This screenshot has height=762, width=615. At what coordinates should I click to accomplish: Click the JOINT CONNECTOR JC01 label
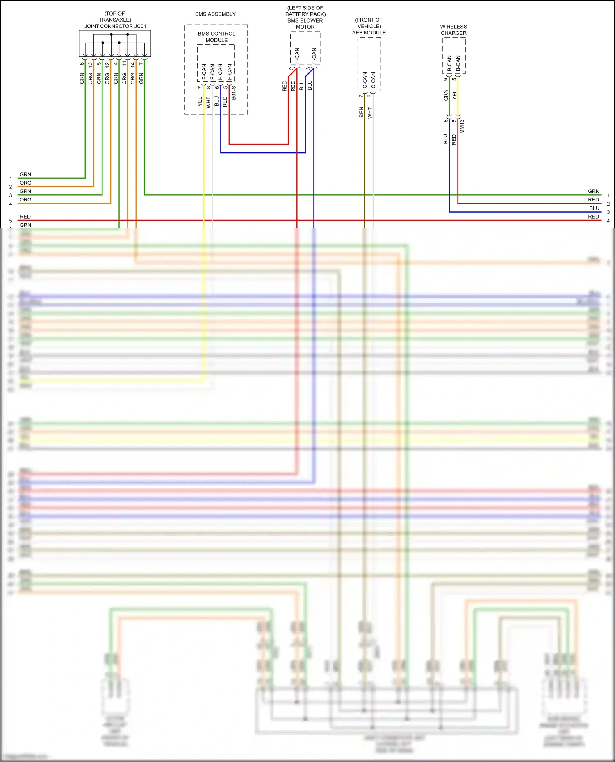tap(115, 26)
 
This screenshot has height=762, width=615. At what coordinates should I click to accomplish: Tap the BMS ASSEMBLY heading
tap(215, 14)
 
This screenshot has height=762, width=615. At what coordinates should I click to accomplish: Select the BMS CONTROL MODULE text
tap(216, 37)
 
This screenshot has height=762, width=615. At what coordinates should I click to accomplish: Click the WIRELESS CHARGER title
tap(453, 30)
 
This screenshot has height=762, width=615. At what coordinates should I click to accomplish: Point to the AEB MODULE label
tap(369, 33)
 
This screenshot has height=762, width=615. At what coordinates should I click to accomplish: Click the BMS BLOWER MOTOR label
tap(305, 24)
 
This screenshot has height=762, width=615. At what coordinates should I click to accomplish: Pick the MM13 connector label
tap(462, 126)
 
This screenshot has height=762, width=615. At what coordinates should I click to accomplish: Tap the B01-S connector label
tap(234, 93)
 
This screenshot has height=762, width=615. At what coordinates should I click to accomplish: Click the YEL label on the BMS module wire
tap(200, 102)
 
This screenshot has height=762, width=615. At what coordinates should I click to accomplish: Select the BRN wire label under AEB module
tap(361, 112)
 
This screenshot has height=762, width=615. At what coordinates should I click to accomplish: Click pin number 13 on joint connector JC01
tap(90, 64)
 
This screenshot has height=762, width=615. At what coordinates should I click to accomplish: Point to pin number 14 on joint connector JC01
tap(133, 64)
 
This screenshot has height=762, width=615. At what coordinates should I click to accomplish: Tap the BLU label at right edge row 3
tap(594, 208)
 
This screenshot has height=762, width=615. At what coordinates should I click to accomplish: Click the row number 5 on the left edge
tap(11, 221)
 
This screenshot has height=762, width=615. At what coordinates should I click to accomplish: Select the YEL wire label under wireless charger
tap(454, 95)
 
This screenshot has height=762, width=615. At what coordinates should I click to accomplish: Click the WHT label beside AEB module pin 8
tap(370, 113)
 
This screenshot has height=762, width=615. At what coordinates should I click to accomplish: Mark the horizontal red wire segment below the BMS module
tap(258, 144)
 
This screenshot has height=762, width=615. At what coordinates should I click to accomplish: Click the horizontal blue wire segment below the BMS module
tap(262, 153)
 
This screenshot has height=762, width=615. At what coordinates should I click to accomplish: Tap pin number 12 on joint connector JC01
tap(107, 64)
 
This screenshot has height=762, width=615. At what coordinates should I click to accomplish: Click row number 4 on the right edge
tap(608, 221)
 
